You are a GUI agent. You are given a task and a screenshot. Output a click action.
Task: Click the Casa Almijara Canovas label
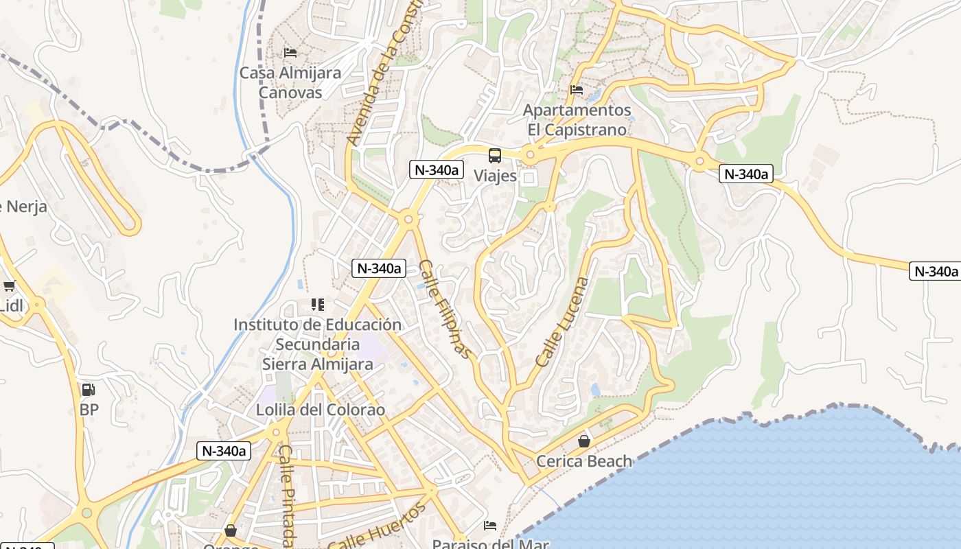pos(290,82)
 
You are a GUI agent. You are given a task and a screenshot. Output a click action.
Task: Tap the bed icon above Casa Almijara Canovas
pos(290,52)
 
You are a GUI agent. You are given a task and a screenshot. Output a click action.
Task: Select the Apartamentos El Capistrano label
pos(577,120)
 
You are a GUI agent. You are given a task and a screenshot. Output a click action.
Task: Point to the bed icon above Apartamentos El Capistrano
pos(577,90)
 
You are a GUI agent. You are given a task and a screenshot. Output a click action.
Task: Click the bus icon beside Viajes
pos(495,156)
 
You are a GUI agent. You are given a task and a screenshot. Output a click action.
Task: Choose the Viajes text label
pos(495,176)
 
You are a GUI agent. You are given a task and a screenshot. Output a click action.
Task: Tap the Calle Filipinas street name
pos(445,309)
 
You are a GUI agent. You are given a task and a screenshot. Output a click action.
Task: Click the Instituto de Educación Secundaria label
pos(317,344)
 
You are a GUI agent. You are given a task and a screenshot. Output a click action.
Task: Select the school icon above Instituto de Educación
pos(317,304)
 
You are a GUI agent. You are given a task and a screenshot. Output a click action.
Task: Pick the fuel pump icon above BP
pos(89,390)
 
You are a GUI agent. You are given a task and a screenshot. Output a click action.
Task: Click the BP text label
pos(89,410)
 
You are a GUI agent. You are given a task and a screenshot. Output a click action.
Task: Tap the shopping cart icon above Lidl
pos(9,286)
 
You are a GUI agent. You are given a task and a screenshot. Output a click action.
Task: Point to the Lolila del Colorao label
pos(321,410)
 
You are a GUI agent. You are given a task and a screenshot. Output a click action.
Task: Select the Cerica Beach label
pos(584,461)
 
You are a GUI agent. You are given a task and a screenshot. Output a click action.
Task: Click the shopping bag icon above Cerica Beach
pos(584,441)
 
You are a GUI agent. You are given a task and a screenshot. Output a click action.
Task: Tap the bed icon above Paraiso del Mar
pos(490,526)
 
